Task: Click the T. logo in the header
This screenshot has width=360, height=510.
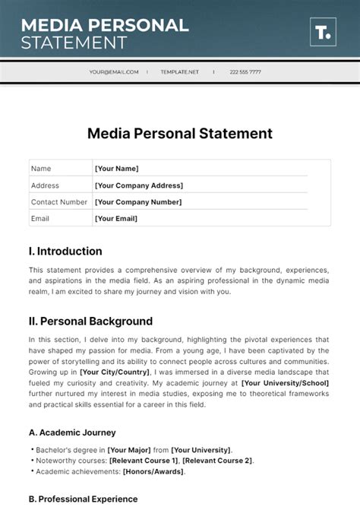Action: coord(323,33)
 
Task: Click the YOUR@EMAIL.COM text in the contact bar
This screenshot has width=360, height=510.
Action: coord(114,72)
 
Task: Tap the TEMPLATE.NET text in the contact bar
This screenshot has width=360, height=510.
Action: coord(180,72)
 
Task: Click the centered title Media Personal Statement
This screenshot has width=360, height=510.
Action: coord(180,134)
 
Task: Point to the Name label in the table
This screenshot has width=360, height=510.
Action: coord(41,169)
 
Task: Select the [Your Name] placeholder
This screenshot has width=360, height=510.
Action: coord(116,169)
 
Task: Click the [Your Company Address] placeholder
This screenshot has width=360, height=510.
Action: coord(138,185)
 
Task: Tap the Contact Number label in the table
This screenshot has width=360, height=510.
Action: coord(59,202)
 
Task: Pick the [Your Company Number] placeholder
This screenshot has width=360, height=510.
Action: coord(138,202)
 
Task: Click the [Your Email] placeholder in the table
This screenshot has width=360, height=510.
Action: coord(115,219)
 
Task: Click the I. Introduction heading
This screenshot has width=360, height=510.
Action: coord(65,252)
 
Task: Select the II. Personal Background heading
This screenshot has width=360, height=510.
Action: coord(90,322)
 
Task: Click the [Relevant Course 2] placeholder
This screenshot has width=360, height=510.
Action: coord(217,461)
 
